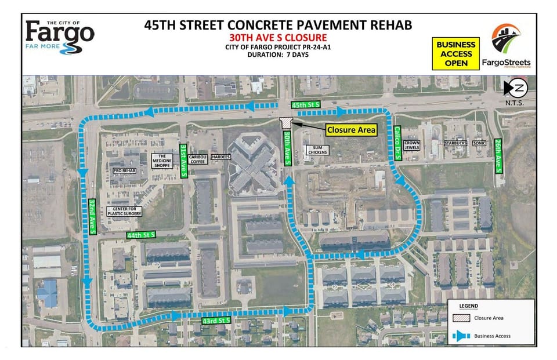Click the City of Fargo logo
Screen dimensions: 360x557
[x=59, y=36]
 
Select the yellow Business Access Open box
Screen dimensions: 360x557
[x=456, y=53]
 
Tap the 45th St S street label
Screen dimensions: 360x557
[x=306, y=104]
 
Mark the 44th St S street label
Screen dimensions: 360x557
[x=140, y=235]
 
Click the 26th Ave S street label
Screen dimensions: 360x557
[x=498, y=155]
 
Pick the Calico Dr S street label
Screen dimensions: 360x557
[x=398, y=140]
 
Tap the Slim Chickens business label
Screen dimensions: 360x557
[x=317, y=150]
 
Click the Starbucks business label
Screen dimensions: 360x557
[x=455, y=142]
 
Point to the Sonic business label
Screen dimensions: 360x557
[x=479, y=142]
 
